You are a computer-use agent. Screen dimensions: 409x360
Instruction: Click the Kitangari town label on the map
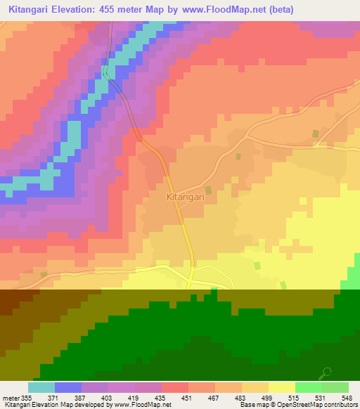click(x=184, y=197)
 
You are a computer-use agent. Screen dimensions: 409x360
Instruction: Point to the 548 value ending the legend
click(x=346, y=397)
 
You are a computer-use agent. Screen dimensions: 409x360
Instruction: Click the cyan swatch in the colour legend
click(x=41, y=387)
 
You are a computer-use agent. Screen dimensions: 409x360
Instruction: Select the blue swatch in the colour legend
click(x=68, y=387)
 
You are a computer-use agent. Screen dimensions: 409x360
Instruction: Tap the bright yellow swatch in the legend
click(x=282, y=387)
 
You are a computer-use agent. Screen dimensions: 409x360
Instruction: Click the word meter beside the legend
click(x=11, y=397)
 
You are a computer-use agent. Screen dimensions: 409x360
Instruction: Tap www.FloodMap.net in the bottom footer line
click(x=142, y=405)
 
